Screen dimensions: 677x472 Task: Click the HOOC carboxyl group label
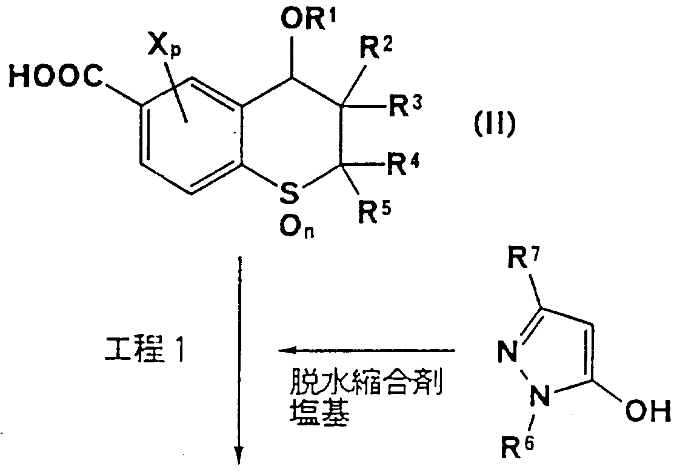tap(56, 77)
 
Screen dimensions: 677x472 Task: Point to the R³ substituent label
tap(405, 105)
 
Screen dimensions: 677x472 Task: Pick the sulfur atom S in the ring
tap(289, 192)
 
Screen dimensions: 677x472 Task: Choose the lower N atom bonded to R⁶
tap(539, 396)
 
